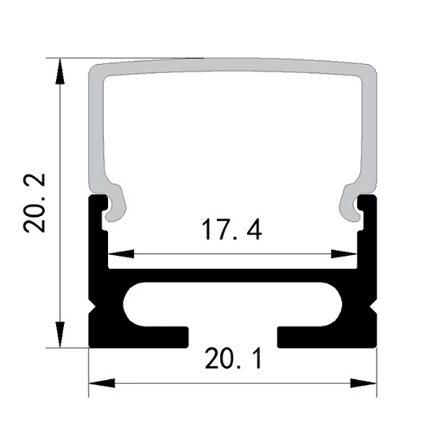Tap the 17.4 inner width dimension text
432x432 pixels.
click(232, 232)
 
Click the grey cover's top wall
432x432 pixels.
click(233, 68)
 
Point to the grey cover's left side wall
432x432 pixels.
click(96, 130)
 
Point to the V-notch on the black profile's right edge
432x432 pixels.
click(375, 305)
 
